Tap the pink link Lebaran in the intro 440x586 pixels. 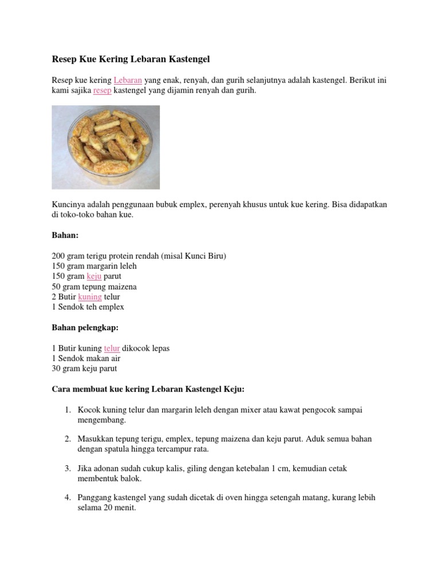pyautogui.click(x=128, y=81)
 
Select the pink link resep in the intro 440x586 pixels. pyautogui.click(x=102, y=91)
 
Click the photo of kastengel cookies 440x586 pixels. pyautogui.click(x=105, y=147)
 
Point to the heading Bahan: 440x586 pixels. pyautogui.click(x=65, y=235)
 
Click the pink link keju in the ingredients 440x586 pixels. pyautogui.click(x=94, y=276)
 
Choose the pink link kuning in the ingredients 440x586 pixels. pyautogui.click(x=90, y=297)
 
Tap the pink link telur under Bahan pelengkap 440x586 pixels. pyautogui.click(x=112, y=348)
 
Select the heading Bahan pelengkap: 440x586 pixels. pyautogui.click(x=84, y=328)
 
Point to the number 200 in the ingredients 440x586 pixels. pyautogui.click(x=58, y=256)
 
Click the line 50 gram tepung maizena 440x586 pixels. pyautogui.click(x=94, y=287)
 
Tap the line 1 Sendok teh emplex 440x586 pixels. pyautogui.click(x=88, y=307)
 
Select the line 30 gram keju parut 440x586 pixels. pyautogui.click(x=84, y=369)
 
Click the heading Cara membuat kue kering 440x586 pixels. pyautogui.click(x=148, y=389)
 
